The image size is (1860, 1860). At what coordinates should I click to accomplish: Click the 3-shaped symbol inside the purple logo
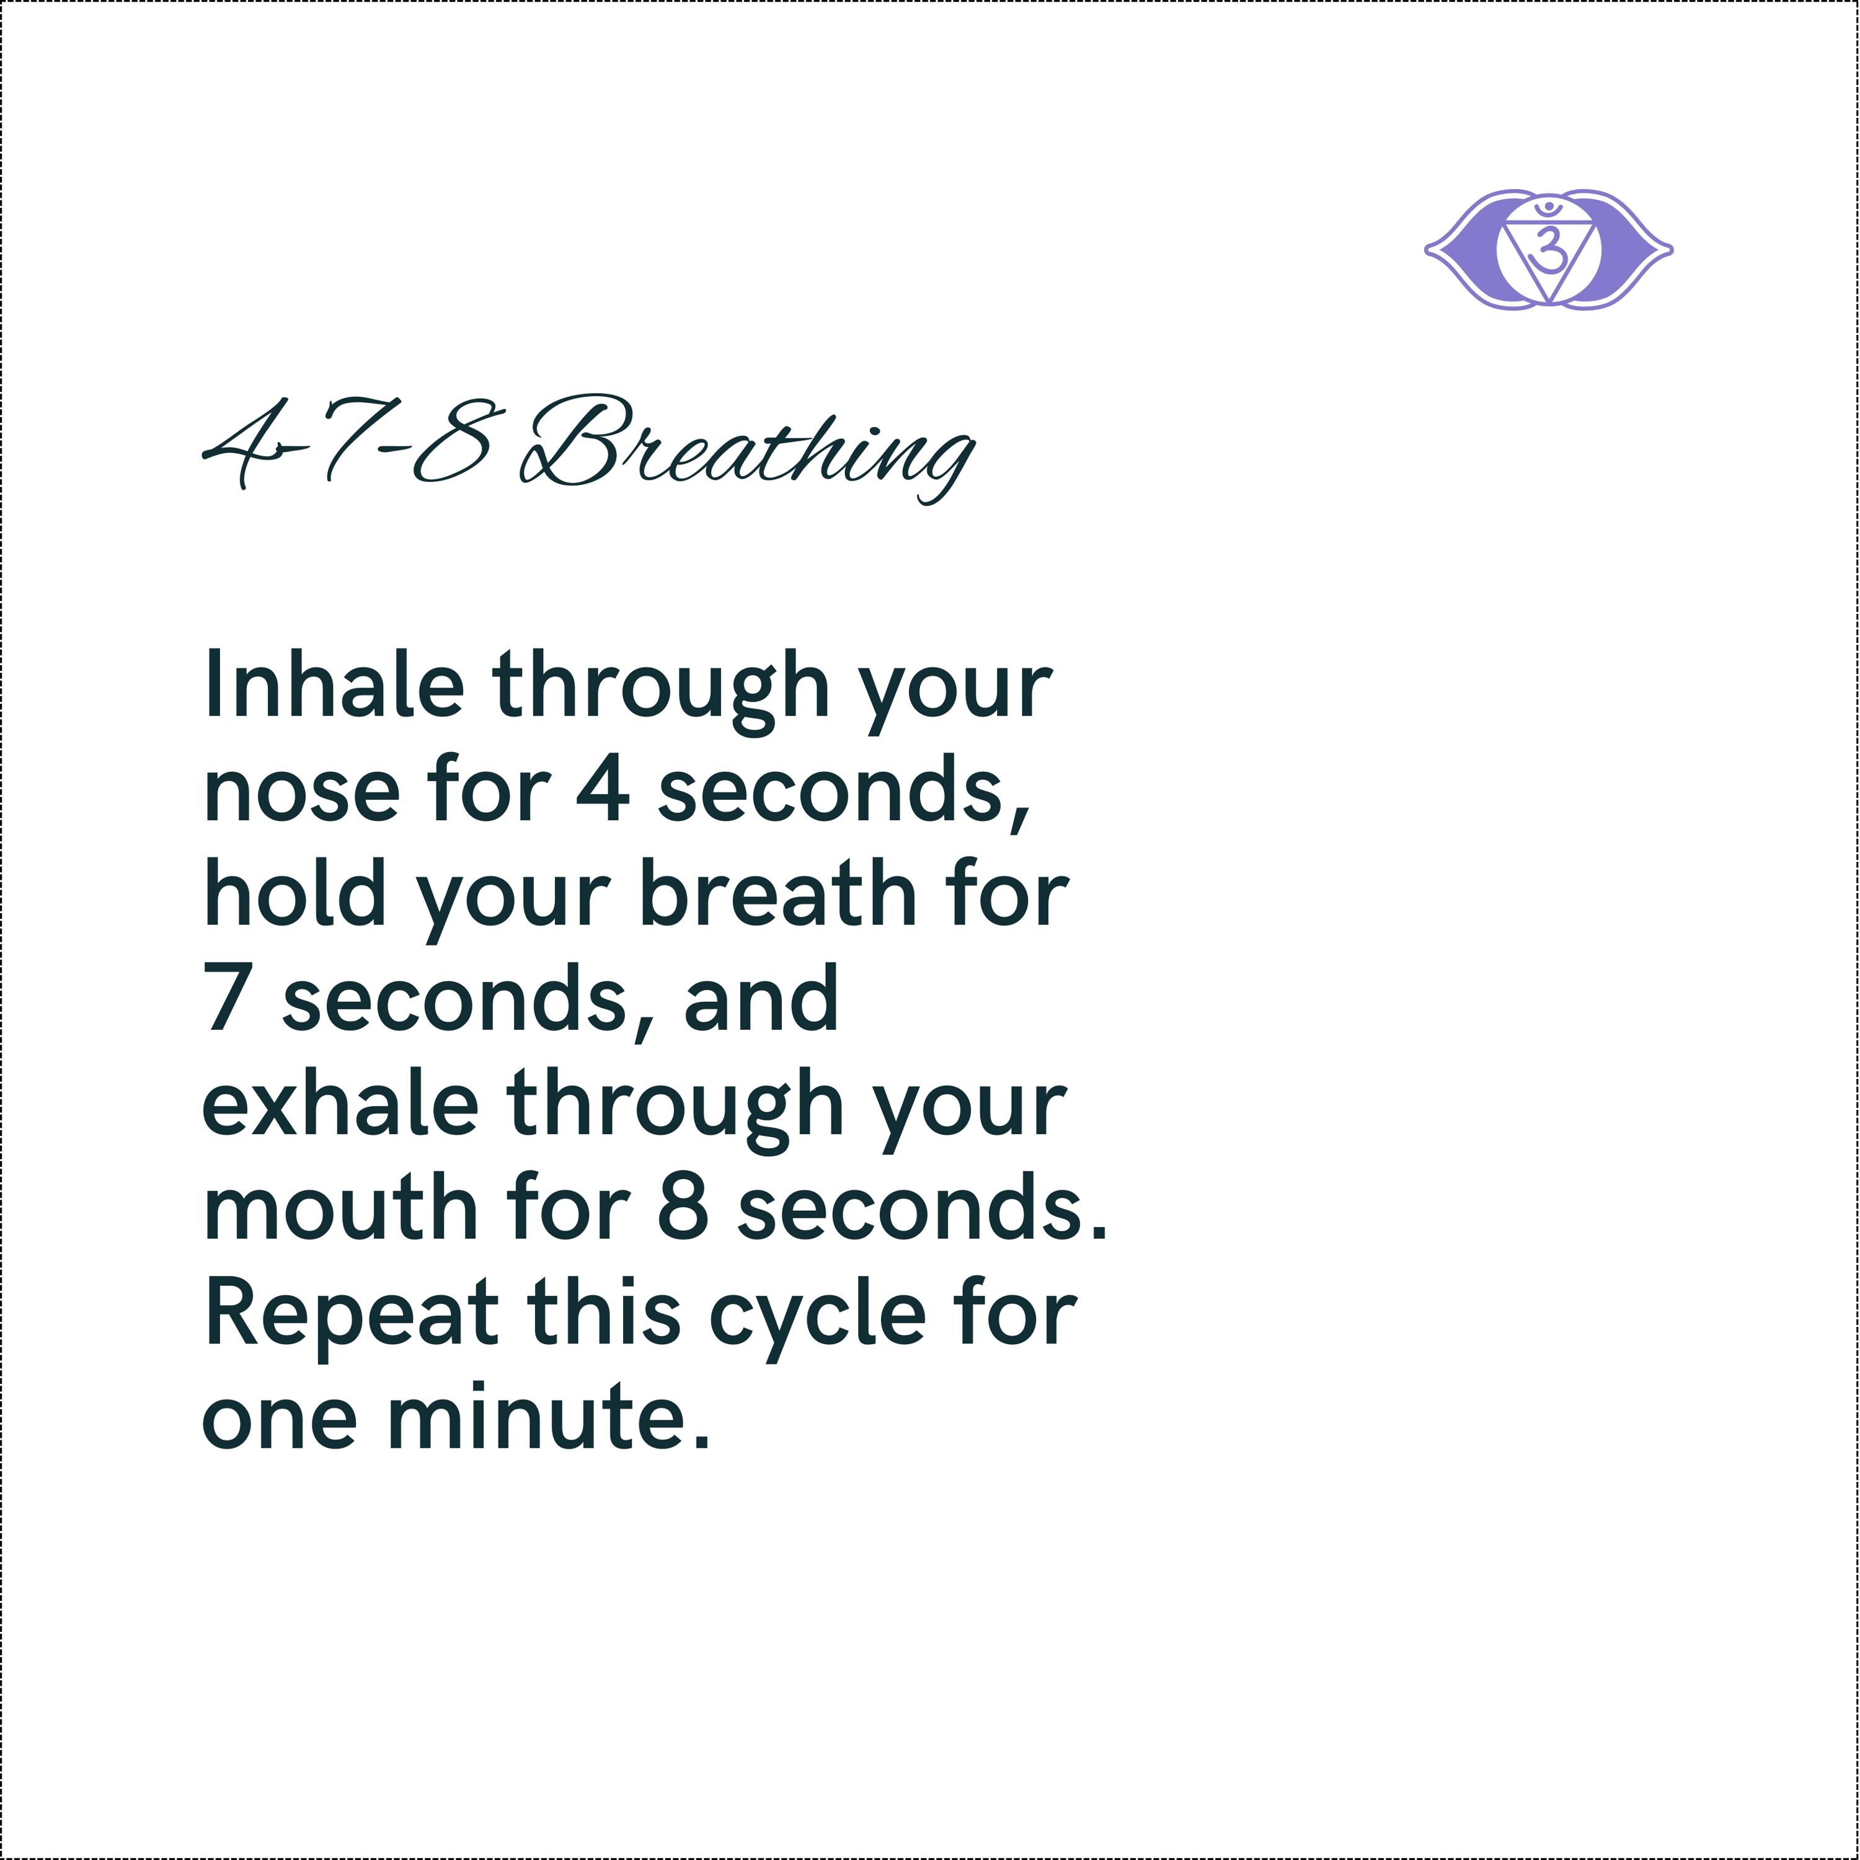coord(1548,249)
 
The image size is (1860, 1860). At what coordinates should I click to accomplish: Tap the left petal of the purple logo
coord(1461,250)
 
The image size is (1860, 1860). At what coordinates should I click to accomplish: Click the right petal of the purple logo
coord(1637,250)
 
